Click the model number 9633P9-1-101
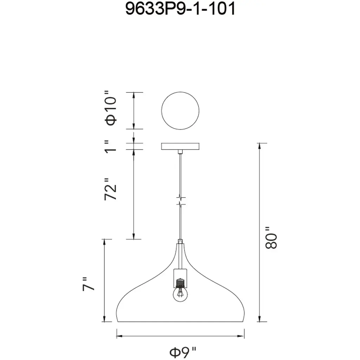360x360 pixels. [180, 8]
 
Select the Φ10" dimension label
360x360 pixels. [111, 108]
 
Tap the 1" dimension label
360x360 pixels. [111, 147]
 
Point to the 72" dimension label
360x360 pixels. [111, 189]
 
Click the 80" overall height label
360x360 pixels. [271, 238]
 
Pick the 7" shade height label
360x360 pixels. [88, 284]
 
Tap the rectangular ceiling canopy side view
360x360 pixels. [180, 146]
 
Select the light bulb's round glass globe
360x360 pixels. [180, 294]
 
